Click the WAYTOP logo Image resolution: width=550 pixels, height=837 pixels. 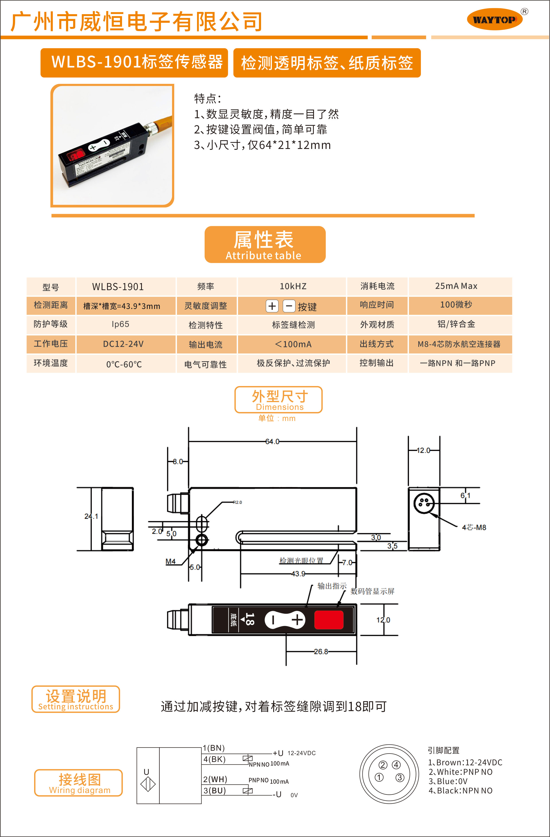495,19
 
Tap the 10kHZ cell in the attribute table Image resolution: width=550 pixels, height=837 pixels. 293,286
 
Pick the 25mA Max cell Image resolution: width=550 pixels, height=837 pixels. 456,286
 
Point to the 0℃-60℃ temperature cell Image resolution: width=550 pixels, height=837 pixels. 124,364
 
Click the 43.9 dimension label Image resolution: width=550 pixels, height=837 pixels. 298,574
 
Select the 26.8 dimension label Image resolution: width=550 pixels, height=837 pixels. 321,652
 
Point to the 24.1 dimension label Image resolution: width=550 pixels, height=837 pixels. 91,516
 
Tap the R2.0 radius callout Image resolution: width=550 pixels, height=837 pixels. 238,502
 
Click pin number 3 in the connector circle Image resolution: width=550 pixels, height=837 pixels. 400,777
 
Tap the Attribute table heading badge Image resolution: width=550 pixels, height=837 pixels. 265,244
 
